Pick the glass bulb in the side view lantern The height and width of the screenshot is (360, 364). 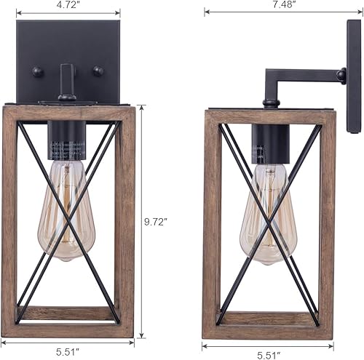tap(267, 211)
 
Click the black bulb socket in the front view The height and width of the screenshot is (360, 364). tap(67, 140)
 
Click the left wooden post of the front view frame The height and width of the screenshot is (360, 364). tap(10, 218)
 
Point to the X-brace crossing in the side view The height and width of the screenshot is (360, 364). tap(269, 218)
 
